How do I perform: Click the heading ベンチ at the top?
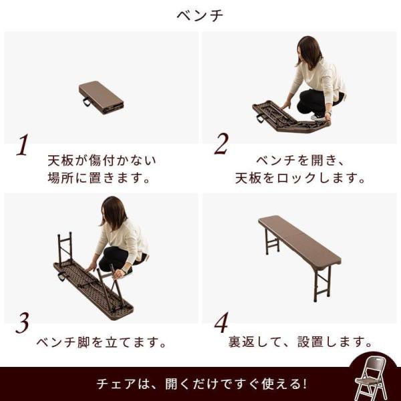[200, 15]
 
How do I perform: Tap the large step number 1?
[22, 145]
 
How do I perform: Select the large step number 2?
[221, 144]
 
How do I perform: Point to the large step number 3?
[22, 323]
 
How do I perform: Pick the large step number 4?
[221, 322]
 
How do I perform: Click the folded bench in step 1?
[102, 98]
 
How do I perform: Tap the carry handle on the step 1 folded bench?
[87, 102]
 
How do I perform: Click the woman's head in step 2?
[309, 51]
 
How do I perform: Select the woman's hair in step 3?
[113, 213]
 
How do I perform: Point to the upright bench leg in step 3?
[65, 247]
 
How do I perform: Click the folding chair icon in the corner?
[370, 378]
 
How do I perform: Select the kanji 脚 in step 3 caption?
[84, 342]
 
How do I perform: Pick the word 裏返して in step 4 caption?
[254, 342]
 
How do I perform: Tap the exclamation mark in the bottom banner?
[303, 384]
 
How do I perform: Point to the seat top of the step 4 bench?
[299, 240]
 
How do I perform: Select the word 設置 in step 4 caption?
[310, 342]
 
